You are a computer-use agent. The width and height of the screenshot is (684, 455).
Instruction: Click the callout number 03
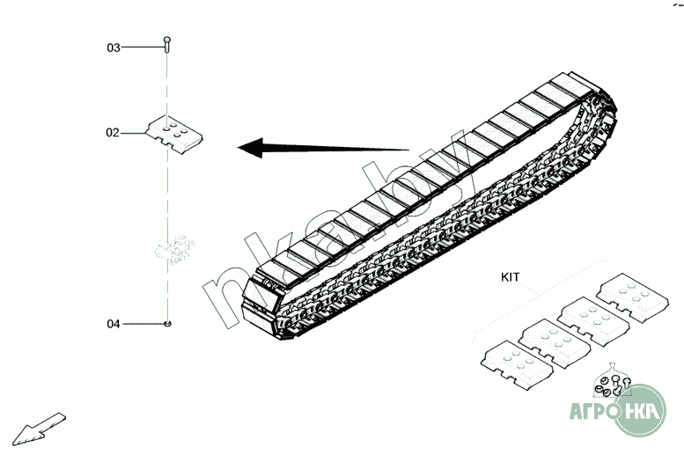pos(114,48)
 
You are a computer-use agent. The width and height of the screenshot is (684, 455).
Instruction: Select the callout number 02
pos(113,133)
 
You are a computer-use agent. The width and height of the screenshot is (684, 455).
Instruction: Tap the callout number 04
pos(114,324)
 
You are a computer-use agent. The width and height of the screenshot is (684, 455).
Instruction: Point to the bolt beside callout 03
pos(167,45)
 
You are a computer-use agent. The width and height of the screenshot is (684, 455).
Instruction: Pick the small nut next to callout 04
pos(167,324)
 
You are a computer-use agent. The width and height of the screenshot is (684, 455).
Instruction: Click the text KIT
pos(510,276)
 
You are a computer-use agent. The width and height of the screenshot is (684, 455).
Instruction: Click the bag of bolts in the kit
pos(607,382)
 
